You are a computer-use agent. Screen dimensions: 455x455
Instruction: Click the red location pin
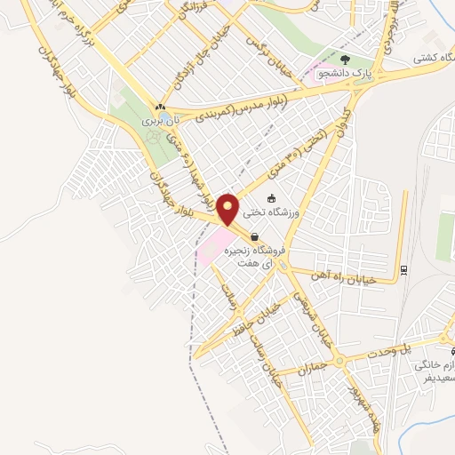(229, 208)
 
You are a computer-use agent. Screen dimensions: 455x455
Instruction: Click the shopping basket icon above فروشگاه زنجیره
(256, 237)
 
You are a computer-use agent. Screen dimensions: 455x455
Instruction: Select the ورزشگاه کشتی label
(433, 59)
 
